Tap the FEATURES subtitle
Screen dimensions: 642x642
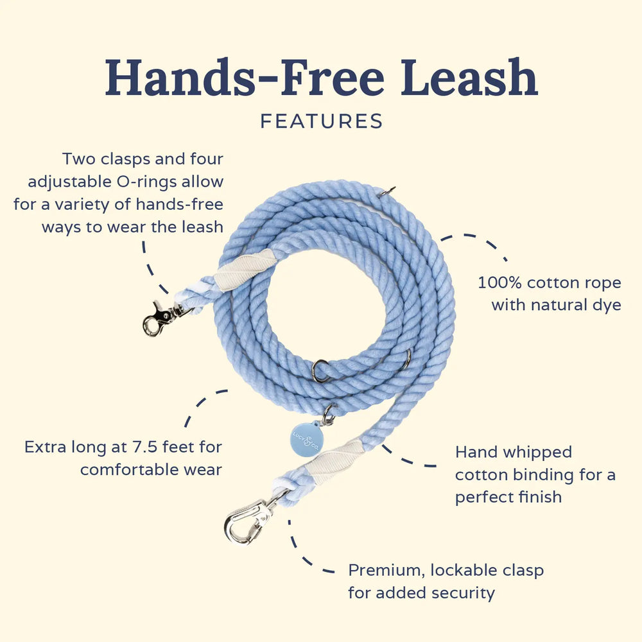[321, 121]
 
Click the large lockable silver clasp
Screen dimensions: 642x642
[247, 520]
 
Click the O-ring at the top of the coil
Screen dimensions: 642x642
[387, 191]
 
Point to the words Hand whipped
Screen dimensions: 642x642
[514, 452]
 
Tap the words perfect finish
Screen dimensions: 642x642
[508, 497]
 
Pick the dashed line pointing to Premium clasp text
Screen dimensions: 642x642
[302, 552]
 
